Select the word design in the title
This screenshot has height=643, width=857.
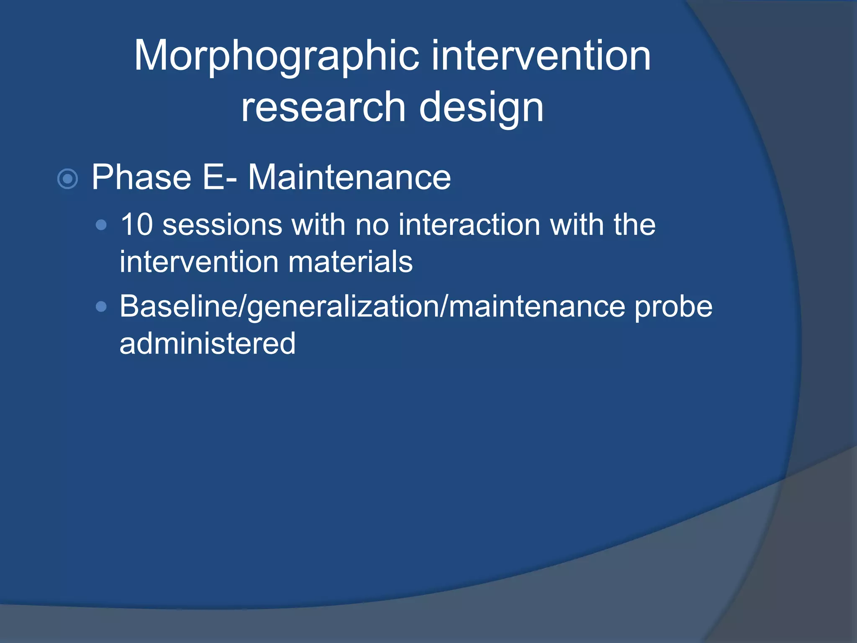coord(481,108)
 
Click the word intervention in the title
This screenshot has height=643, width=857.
coord(541,56)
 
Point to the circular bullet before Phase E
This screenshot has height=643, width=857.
coord(67,179)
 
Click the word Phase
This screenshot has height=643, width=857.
coord(141,177)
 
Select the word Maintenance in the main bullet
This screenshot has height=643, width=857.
coord(349,177)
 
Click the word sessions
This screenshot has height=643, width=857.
coord(222,225)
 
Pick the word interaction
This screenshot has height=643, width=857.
coord(469,225)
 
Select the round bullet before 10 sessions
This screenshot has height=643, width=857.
coord(101,226)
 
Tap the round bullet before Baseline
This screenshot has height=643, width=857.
coord(101,307)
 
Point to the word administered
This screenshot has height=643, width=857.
coord(208,344)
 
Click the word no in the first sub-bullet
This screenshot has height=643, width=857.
coord(372,225)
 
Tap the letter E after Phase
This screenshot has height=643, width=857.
coord(212,177)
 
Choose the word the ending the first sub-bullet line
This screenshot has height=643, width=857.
coord(634,225)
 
